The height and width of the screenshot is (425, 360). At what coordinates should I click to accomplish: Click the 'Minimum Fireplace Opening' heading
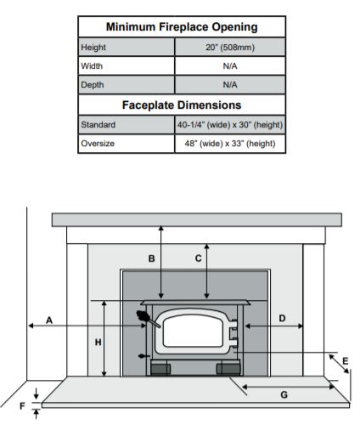pyautogui.click(x=182, y=27)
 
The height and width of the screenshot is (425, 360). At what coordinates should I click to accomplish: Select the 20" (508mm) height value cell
pyautogui.click(x=230, y=47)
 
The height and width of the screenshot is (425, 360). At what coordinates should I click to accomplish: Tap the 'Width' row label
pyautogui.click(x=92, y=66)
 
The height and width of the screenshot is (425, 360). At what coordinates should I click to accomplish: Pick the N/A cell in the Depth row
pyautogui.click(x=230, y=85)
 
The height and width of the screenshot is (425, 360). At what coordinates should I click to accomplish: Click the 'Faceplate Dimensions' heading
pyautogui.click(x=182, y=105)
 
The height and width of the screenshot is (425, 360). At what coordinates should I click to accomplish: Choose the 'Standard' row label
pyautogui.click(x=98, y=125)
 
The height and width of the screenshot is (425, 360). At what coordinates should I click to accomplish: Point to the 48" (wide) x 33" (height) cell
pyautogui.click(x=230, y=144)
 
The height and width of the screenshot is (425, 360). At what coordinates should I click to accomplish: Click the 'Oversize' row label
pyautogui.click(x=98, y=144)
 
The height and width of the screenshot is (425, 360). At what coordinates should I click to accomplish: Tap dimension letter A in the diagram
pyautogui.click(x=49, y=320)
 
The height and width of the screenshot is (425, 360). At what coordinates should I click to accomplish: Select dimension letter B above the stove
pyautogui.click(x=151, y=258)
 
